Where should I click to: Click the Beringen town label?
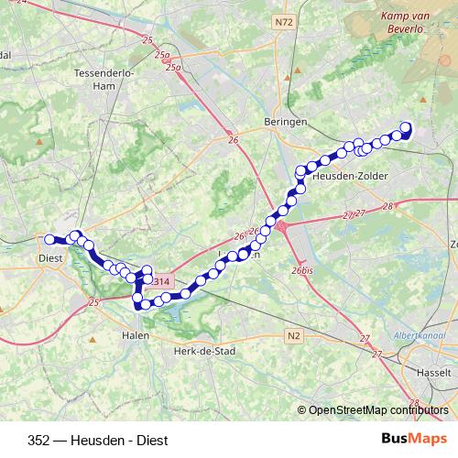[277, 121]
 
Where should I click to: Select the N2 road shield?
[293, 336]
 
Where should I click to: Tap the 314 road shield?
[161, 280]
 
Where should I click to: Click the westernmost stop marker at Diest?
[49, 240]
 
